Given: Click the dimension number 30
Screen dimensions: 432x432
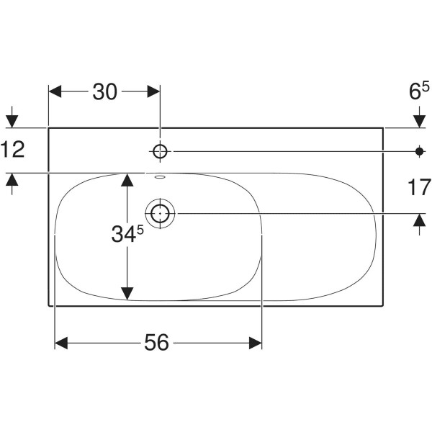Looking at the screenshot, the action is pyautogui.click(x=104, y=91).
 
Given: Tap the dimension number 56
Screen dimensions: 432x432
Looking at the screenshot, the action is pyautogui.click(x=156, y=343).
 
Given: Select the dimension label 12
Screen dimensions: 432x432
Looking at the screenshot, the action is pyautogui.click(x=13, y=149).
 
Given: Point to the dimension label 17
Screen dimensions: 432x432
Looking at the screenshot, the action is pyautogui.click(x=419, y=187).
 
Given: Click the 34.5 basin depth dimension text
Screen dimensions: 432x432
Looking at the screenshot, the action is pyautogui.click(x=127, y=233).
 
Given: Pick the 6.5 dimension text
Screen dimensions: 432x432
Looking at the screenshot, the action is pyautogui.click(x=419, y=91).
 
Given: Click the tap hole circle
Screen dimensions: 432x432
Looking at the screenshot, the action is pyautogui.click(x=160, y=151).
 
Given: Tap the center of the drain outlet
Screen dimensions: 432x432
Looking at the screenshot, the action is pyautogui.click(x=160, y=213).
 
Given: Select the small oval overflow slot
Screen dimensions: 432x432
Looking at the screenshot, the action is pyautogui.click(x=160, y=177).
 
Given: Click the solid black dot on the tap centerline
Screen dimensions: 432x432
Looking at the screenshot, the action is pyautogui.click(x=419, y=151).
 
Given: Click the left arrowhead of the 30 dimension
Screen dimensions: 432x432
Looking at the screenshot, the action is pyautogui.click(x=55, y=91).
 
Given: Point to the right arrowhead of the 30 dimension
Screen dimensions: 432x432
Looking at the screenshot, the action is pyautogui.click(x=154, y=91).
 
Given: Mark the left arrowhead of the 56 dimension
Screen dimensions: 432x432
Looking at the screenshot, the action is pyautogui.click(x=61, y=343).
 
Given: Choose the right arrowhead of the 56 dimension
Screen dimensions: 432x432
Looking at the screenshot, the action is pyautogui.click(x=256, y=343).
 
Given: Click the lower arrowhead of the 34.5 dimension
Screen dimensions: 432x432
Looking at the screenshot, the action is pyautogui.click(x=127, y=294).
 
